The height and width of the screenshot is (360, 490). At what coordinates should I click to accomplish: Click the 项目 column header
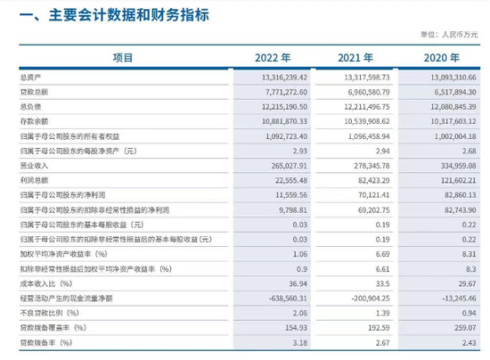click(x=122, y=58)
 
